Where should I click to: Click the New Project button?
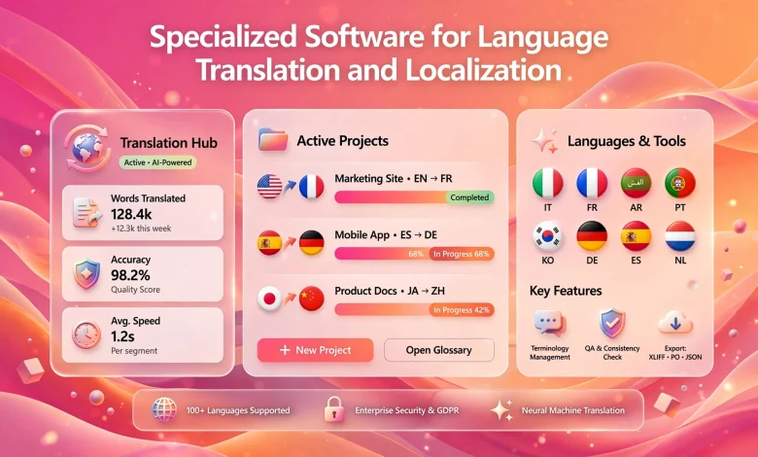pyautogui.click(x=315, y=350)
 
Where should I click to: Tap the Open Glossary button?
pyautogui.click(x=439, y=350)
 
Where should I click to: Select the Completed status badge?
pyautogui.click(x=469, y=197)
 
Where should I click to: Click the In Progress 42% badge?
pyautogui.click(x=462, y=310)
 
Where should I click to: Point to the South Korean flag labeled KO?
pyautogui.click(x=548, y=236)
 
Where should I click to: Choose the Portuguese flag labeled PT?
pyautogui.click(x=680, y=183)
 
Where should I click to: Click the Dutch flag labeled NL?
pyautogui.click(x=680, y=236)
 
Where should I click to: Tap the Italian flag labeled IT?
pyautogui.click(x=548, y=183)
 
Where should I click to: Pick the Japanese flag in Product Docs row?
pyautogui.click(x=270, y=299)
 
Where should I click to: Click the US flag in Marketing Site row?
pyautogui.click(x=270, y=186)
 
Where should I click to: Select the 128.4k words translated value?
pyautogui.click(x=131, y=214)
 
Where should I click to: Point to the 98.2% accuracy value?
pyautogui.click(x=130, y=275)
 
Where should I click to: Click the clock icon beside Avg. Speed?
pyautogui.click(x=86, y=334)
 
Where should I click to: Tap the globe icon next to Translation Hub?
pyautogui.click(x=87, y=148)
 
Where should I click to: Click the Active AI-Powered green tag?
pyautogui.click(x=158, y=162)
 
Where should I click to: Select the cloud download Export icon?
pyautogui.click(x=675, y=323)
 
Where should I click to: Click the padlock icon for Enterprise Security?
pyautogui.click(x=334, y=409)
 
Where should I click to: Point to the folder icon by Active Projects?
pyautogui.click(x=273, y=140)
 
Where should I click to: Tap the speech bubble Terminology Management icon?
pyautogui.click(x=550, y=323)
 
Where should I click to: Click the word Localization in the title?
pyautogui.click(x=483, y=70)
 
